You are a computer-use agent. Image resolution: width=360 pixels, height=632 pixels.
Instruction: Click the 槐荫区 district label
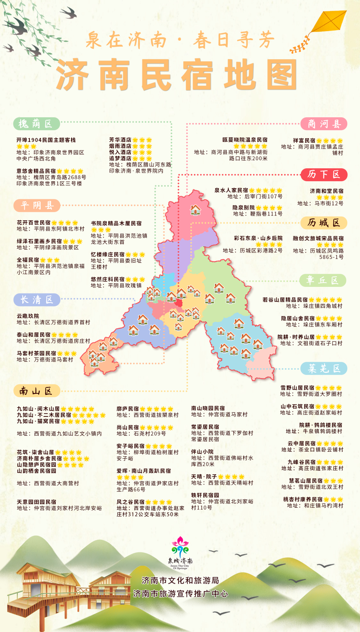[36, 124]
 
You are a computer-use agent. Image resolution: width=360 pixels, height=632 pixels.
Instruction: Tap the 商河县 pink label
[324, 124]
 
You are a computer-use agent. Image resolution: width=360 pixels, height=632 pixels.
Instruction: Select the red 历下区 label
[324, 174]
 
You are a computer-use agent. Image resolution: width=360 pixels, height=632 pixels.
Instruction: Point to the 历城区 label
[324, 223]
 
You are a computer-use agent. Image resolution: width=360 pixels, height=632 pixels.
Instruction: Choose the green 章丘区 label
[323, 280]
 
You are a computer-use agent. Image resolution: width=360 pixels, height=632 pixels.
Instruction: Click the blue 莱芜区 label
[324, 368]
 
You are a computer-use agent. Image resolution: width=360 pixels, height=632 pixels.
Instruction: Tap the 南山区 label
[36, 391]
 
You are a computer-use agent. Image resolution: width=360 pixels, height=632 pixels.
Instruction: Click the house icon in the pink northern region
[195, 210]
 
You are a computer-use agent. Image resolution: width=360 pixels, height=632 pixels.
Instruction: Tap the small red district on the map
[179, 303]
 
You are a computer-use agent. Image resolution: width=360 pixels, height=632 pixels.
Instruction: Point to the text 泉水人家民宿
[231, 190]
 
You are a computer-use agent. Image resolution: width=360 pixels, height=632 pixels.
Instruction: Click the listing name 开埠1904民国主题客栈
[46, 140]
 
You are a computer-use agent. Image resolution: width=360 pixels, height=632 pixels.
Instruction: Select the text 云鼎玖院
[28, 316]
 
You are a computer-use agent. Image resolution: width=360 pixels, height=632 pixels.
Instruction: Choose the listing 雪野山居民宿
[297, 388]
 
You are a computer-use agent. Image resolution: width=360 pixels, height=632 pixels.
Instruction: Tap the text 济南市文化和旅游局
[180, 581]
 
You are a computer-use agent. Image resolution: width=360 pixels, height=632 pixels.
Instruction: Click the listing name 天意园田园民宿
[37, 502]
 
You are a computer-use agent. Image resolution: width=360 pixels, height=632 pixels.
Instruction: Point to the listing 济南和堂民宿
[326, 191]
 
